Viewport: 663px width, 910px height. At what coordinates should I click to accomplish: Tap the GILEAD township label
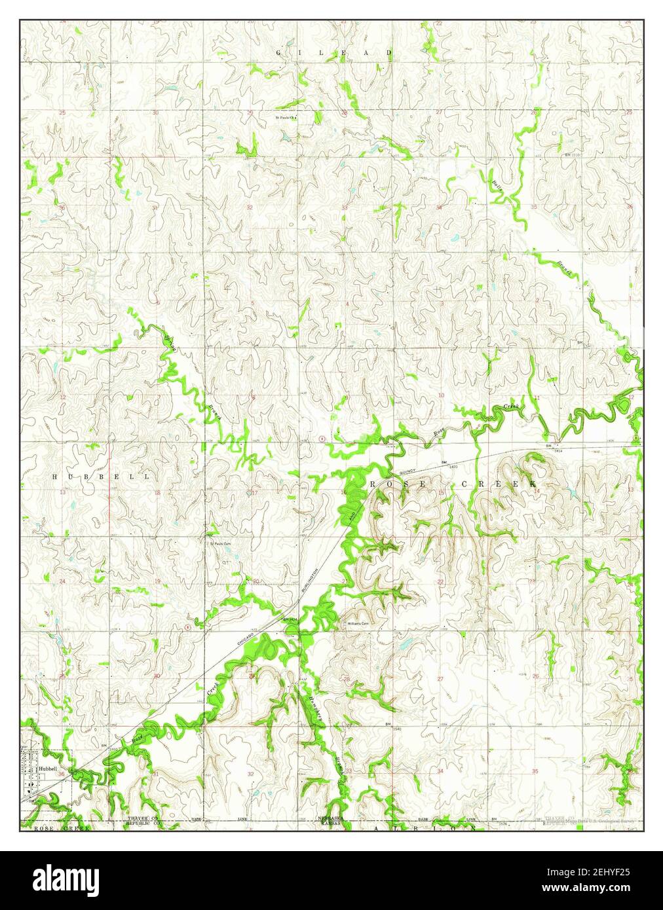coord(334,52)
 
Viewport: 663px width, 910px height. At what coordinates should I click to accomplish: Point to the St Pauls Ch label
coord(285,118)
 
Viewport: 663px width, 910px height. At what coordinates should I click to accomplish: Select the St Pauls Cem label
coord(220,543)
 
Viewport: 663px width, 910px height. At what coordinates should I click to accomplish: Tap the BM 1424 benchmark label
coord(290,619)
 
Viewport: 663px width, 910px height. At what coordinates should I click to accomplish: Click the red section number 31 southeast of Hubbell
coord(156,774)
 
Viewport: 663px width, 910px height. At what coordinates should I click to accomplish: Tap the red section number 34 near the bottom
coord(440,773)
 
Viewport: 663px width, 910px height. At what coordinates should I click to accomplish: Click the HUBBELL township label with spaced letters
coord(101,477)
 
